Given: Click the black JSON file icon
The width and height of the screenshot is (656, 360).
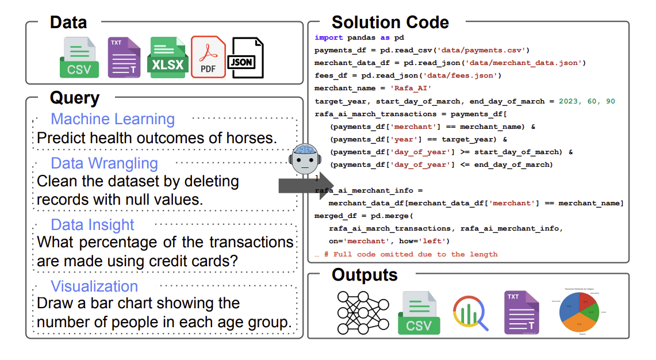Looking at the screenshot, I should [x=247, y=58].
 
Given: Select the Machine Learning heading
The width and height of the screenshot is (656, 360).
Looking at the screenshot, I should [x=113, y=119].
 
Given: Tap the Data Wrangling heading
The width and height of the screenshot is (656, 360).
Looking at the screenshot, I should [x=104, y=163].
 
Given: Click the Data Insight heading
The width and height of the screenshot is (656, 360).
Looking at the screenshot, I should [x=92, y=225].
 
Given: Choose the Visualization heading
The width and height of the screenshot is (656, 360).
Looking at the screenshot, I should [x=94, y=286].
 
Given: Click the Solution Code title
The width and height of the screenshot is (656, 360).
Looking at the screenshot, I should [x=390, y=22].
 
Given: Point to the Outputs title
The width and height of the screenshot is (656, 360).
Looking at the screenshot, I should [x=365, y=275].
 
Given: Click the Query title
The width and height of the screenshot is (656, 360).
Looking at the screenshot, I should [x=75, y=98].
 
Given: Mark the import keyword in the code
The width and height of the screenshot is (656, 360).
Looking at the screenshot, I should [x=328, y=37].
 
